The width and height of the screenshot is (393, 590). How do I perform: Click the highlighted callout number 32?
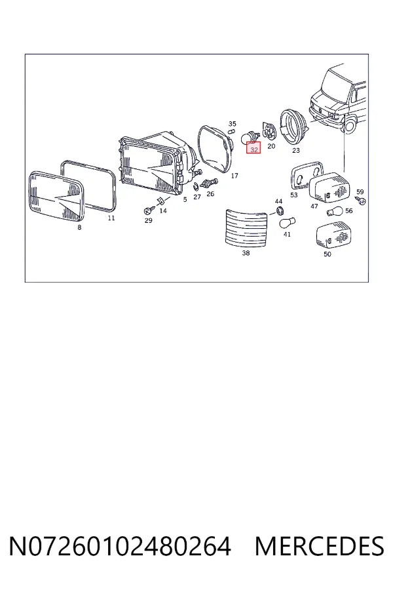[254, 149]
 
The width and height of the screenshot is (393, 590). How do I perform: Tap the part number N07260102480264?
[120, 546]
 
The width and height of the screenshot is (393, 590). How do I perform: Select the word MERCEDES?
[319, 546]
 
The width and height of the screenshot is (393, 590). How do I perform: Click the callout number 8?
[79, 227]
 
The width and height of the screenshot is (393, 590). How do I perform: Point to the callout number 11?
[111, 218]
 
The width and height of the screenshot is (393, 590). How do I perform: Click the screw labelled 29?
[149, 210]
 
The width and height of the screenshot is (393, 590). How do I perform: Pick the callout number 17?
[234, 176]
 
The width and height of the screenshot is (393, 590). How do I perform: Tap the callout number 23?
[296, 150]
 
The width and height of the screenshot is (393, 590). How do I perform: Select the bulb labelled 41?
[288, 223]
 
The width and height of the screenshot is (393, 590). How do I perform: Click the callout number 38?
[246, 253]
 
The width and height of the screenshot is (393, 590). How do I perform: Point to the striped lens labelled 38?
[246, 228]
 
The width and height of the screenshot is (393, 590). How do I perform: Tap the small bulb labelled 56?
[334, 212]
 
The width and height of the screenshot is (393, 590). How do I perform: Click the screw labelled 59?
[360, 201]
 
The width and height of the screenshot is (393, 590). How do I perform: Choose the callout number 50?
[327, 254]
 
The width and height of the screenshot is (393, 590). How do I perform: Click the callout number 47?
[314, 206]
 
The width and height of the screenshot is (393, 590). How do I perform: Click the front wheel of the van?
[350, 126]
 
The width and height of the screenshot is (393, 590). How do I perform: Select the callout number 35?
[233, 124]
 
